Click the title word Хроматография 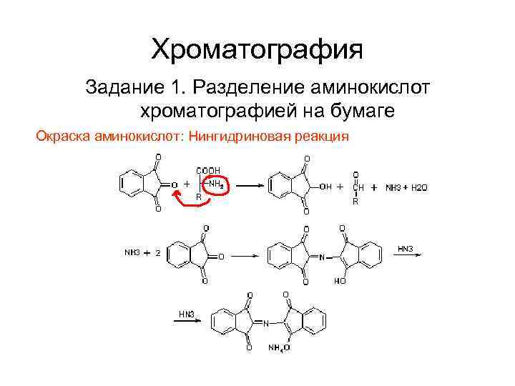257,49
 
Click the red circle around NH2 213,184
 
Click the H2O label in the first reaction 418,187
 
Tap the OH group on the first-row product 325,187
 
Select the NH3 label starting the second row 132,254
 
